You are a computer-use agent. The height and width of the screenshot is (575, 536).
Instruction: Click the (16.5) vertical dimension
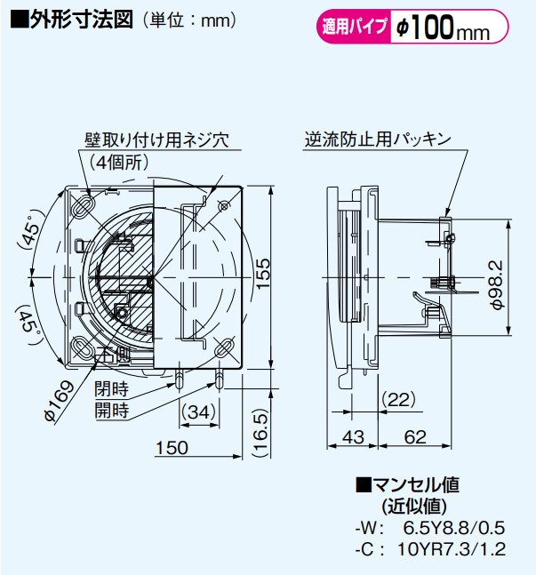(x=259, y=433)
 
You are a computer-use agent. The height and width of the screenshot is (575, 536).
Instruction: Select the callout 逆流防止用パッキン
(x=379, y=140)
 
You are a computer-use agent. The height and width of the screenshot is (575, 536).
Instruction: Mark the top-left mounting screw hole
(x=81, y=205)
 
